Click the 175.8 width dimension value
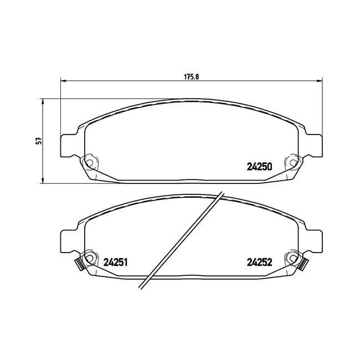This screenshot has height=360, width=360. [191, 77]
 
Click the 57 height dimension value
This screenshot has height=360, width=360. [39, 141]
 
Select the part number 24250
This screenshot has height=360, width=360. [259, 167]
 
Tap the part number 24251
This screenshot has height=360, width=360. [115, 262]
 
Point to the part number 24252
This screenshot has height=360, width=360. [259, 262]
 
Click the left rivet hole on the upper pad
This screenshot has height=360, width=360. [89, 163]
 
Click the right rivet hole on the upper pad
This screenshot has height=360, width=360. [294, 163]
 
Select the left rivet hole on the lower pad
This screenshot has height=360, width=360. [89, 258]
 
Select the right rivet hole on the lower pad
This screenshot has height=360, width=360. [294, 258]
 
